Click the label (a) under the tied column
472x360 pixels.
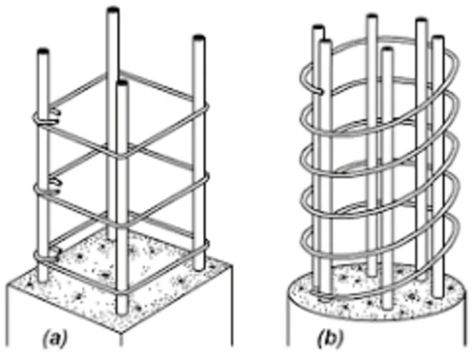click(x=55, y=340)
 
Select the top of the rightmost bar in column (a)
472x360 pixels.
click(x=197, y=39)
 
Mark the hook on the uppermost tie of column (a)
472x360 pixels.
click(x=50, y=119)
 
